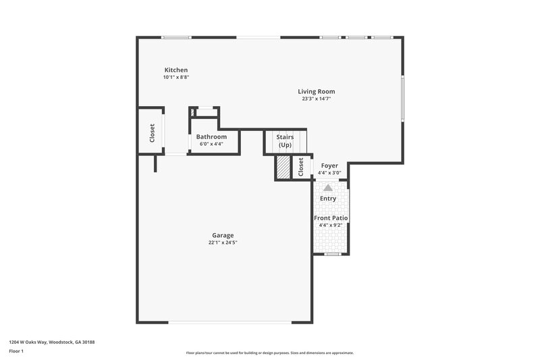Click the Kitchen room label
coord(175,70)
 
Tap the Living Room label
coord(316,91)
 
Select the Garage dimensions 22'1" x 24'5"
coord(223,242)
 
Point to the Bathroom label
coord(211,137)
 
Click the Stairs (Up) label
coord(285,141)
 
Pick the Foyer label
coord(329,165)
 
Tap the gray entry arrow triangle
coord(328,188)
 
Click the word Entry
coord(328,199)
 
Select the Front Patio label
coord(331,218)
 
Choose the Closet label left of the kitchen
coord(153,132)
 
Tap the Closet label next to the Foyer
coord(301,168)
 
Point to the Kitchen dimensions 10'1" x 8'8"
coord(175,78)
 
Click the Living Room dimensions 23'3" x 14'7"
coord(316,99)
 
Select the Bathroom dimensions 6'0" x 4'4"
coord(211,144)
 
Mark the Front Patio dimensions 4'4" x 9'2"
coord(331,225)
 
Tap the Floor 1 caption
coord(17,351)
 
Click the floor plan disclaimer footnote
coord(269,353)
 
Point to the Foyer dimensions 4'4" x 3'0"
coord(329,173)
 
